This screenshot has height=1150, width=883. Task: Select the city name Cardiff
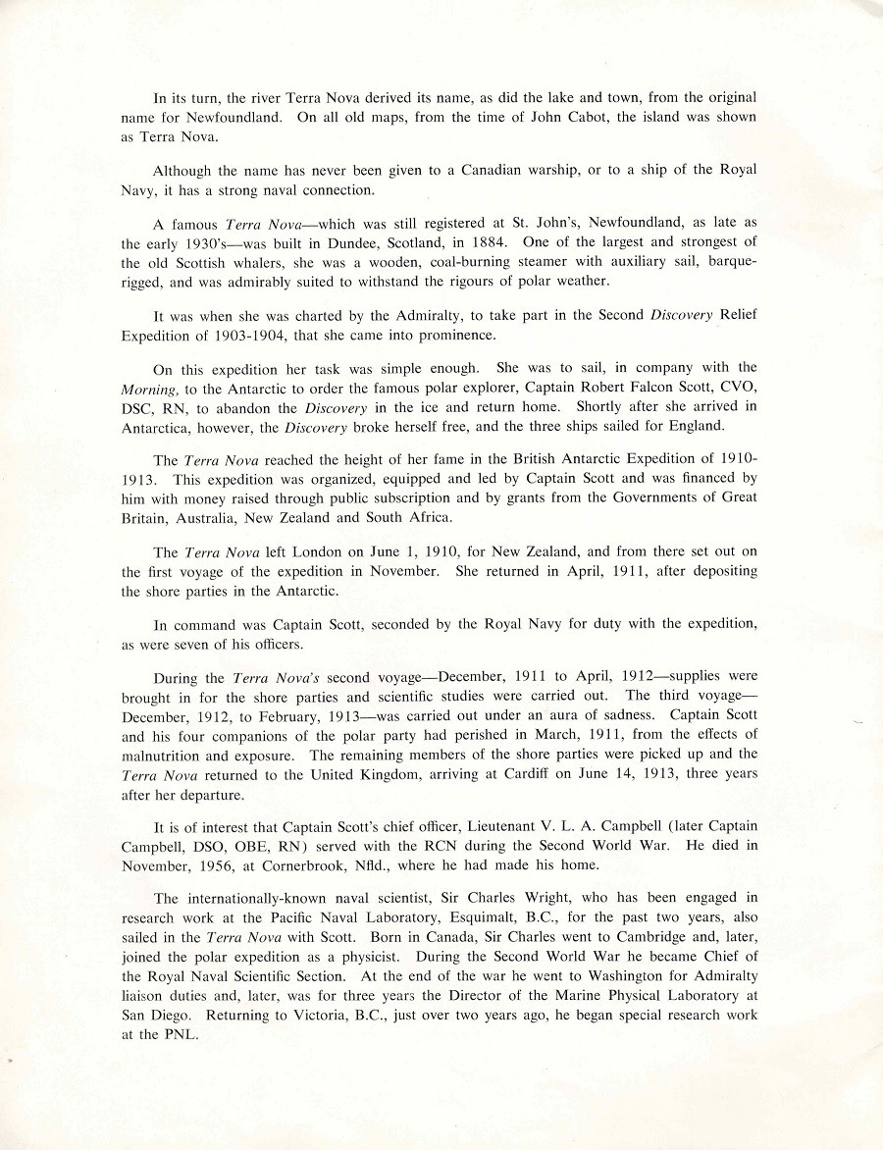(526, 775)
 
